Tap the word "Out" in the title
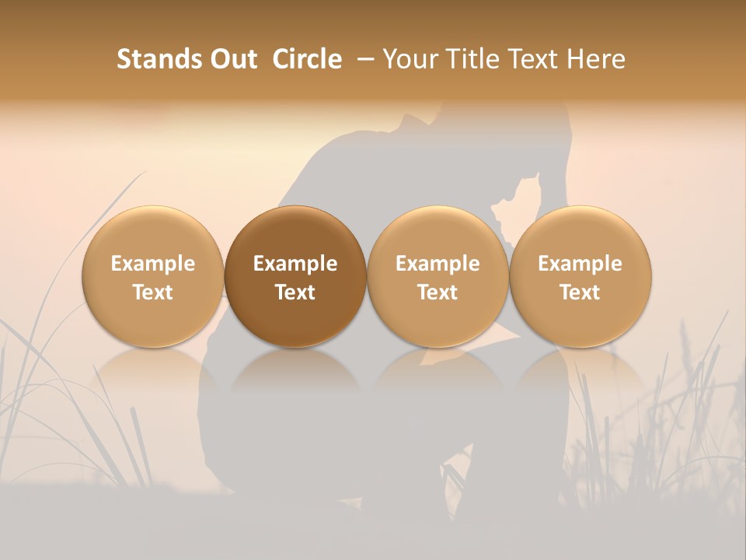click(232, 59)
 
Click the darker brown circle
click(295, 277)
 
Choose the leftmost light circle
click(153, 277)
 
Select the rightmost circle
click(580, 277)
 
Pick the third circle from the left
click(437, 277)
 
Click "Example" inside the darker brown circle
click(295, 264)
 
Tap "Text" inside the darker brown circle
click(295, 292)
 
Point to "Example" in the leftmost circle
click(153, 264)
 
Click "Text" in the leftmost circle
click(153, 292)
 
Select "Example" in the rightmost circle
click(580, 264)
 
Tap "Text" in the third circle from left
click(437, 292)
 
